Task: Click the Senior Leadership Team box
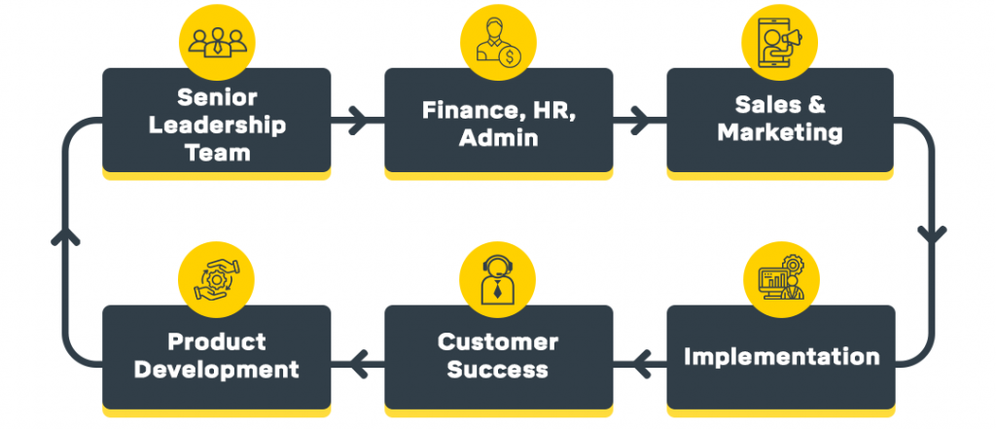[216, 124]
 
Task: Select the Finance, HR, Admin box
[498, 124]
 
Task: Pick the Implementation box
[780, 356]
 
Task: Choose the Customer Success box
[498, 356]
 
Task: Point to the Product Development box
[216, 356]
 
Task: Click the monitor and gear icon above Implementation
[779, 278]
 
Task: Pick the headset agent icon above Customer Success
[498, 278]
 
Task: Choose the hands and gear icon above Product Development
[216, 278]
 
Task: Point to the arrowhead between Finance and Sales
[638, 124]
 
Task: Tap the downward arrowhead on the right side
[932, 234]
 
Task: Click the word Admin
[498, 137]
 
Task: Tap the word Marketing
[779, 131]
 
